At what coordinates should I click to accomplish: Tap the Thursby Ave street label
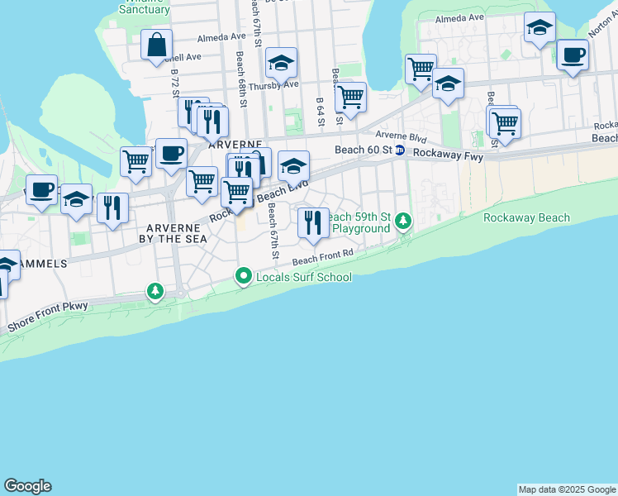[273, 84]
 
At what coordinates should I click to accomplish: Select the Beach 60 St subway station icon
[400, 150]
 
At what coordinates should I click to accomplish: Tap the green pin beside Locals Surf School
[243, 277]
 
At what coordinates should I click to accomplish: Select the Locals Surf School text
[304, 278]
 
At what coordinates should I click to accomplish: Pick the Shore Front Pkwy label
[48, 318]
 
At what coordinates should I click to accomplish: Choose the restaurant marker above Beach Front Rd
[312, 223]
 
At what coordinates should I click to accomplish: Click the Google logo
[27, 486]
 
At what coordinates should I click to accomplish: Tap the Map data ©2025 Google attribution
[567, 489]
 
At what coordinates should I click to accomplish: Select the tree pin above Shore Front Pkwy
[155, 291]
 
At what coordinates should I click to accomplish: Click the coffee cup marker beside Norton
[572, 56]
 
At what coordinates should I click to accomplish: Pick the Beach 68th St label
[240, 74]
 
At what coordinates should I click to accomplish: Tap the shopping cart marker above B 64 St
[351, 97]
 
